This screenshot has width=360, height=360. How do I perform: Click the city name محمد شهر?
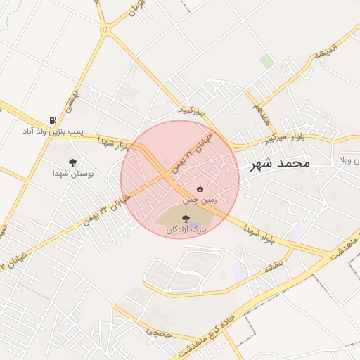pos(280,163)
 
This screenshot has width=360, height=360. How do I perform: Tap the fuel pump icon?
pos(52,121)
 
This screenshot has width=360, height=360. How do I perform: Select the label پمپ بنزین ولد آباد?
pos(53,131)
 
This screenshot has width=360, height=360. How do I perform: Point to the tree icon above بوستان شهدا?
pos(72,162)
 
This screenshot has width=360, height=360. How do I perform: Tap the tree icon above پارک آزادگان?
pos(186,219)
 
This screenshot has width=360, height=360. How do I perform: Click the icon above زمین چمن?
pos(200,188)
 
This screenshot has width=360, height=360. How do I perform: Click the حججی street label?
pos(158,330)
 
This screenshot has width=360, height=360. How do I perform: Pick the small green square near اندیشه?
pos(267,61)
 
